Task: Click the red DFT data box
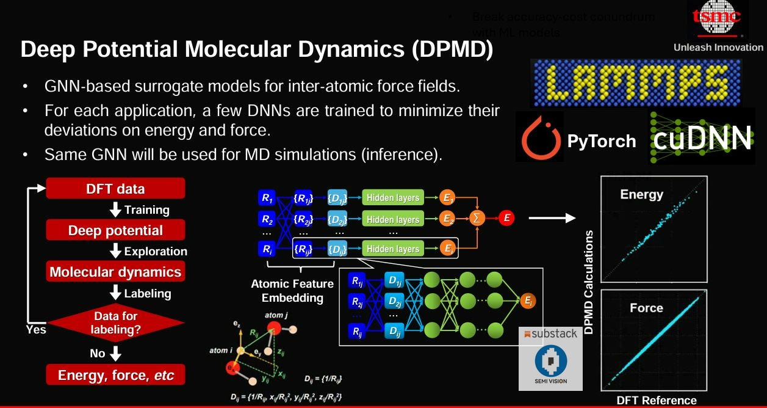click(115, 189)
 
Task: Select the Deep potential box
click(115, 230)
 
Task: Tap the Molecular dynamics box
click(115, 272)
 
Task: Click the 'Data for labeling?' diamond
click(115, 322)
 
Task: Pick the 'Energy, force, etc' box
click(115, 375)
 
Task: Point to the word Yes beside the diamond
click(36, 329)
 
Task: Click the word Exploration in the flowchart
click(155, 251)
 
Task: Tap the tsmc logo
click(717, 19)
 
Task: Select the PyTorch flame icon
click(539, 139)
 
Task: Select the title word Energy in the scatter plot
click(641, 194)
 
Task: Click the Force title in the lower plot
click(646, 308)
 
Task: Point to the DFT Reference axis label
click(656, 401)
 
